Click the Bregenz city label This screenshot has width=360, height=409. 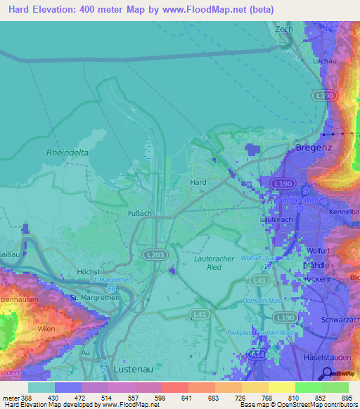point(309,149)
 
